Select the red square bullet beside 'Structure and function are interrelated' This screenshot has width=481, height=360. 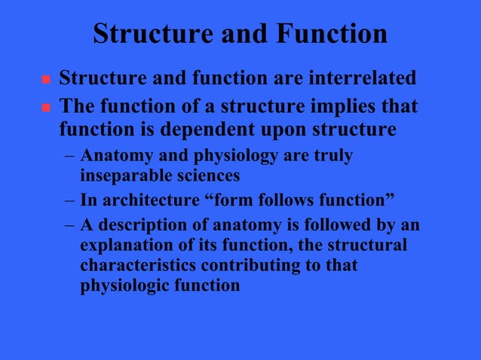(44, 79)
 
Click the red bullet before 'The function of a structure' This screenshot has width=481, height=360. (44, 108)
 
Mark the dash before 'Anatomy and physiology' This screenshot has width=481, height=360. (69, 158)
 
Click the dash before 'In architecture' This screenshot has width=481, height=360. (69, 201)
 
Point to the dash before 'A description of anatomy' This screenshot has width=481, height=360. (69, 226)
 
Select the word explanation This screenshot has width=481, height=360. (125, 246)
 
